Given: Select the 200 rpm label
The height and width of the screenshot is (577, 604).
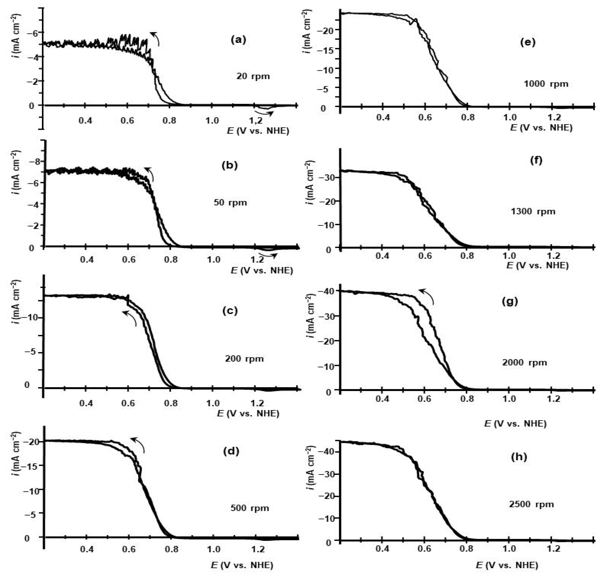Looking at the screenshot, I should (244, 359).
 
